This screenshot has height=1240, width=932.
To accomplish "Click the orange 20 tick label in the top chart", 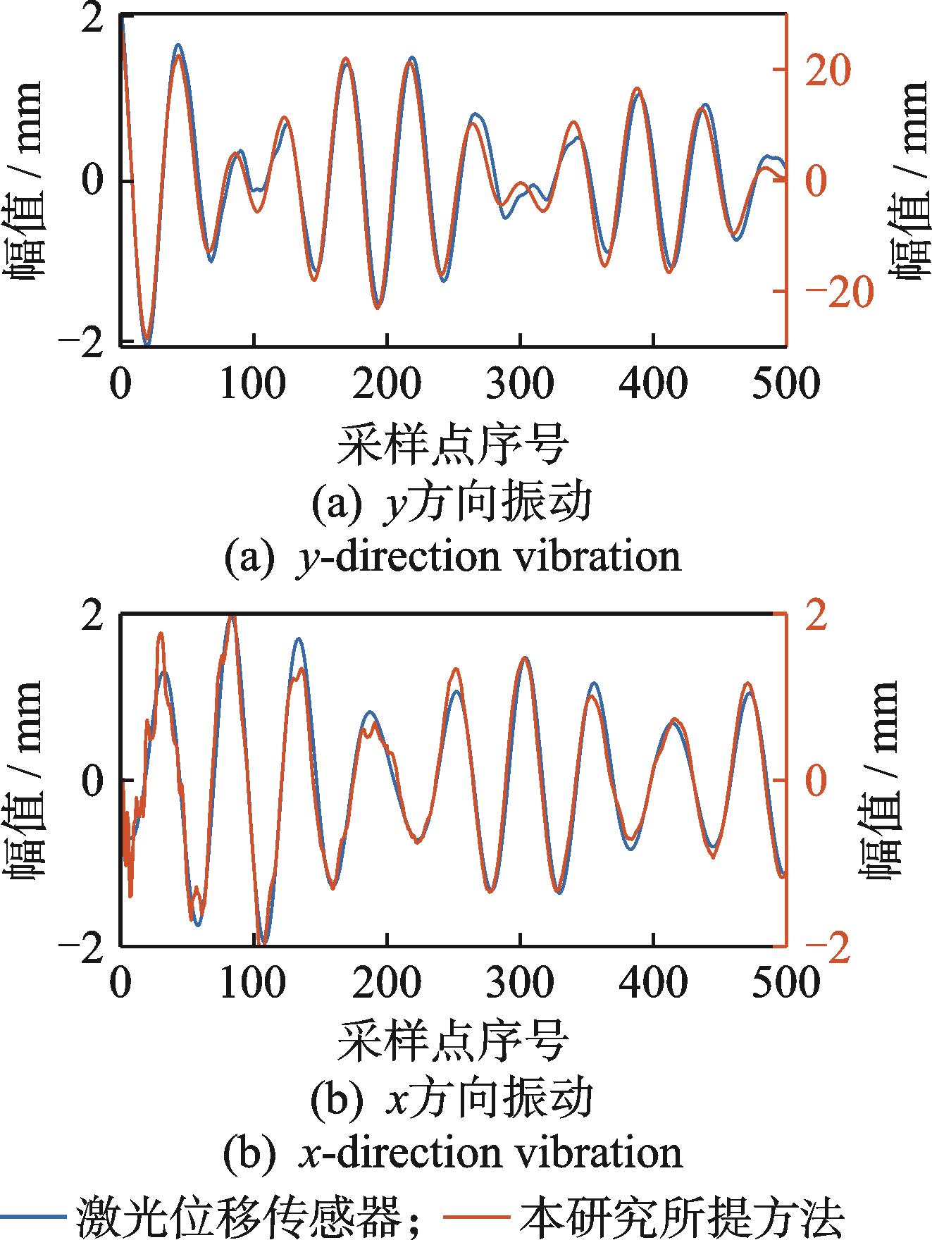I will (828, 70).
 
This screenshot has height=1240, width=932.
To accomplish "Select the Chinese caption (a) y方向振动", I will (452, 505).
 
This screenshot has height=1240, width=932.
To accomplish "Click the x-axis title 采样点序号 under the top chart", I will (453, 445).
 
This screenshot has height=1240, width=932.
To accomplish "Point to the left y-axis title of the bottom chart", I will (27, 781).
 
